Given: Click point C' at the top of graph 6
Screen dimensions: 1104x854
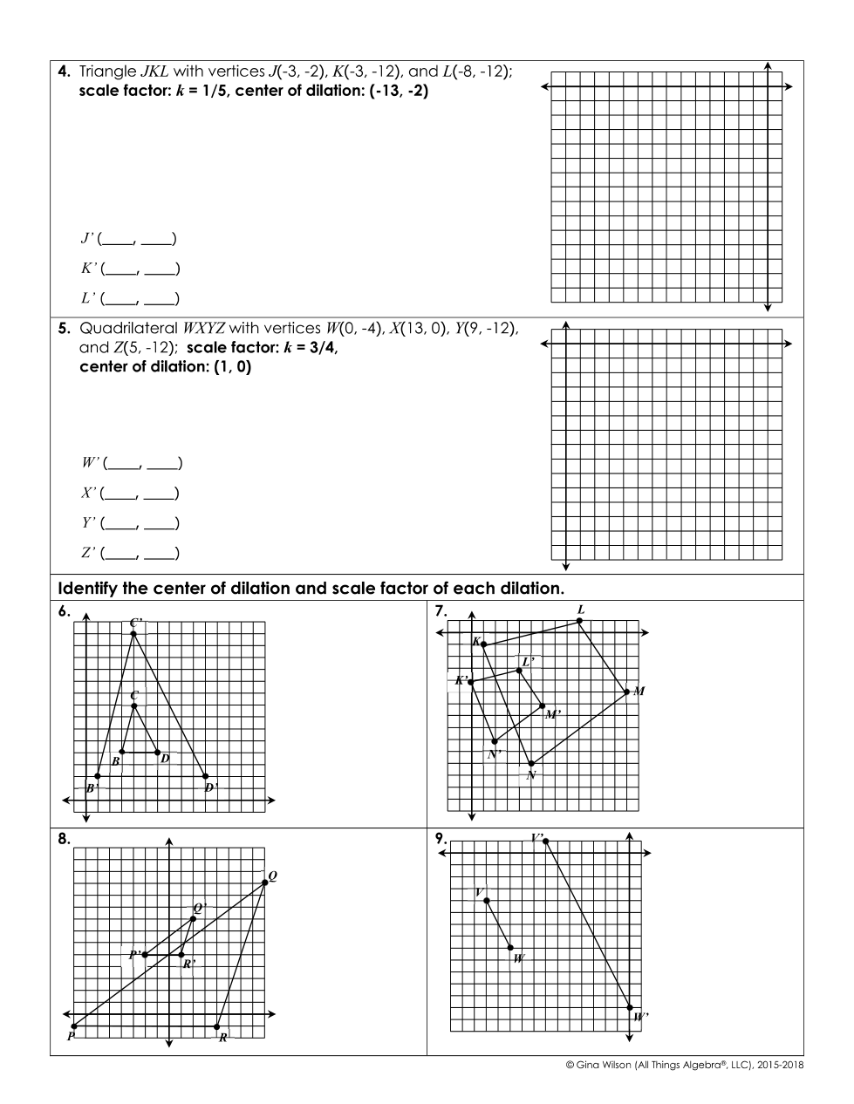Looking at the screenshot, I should [x=133, y=633].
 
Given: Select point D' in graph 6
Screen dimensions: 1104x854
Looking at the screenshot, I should [x=206, y=776].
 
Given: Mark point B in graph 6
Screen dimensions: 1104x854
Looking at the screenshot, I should [x=122, y=752].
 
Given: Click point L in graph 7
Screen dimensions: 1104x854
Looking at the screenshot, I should [x=579, y=621].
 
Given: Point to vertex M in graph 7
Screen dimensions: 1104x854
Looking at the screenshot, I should [x=627, y=692].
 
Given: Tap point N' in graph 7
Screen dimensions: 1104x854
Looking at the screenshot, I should [x=495, y=741].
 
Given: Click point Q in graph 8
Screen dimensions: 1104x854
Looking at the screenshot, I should [x=265, y=883].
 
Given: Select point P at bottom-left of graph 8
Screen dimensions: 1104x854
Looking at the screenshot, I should [x=73, y=1026].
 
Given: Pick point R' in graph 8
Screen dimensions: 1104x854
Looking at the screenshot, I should [x=181, y=955].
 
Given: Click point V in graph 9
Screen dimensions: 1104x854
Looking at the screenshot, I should [x=486, y=901].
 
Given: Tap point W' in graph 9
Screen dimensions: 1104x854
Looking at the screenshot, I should [x=631, y=1007].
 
